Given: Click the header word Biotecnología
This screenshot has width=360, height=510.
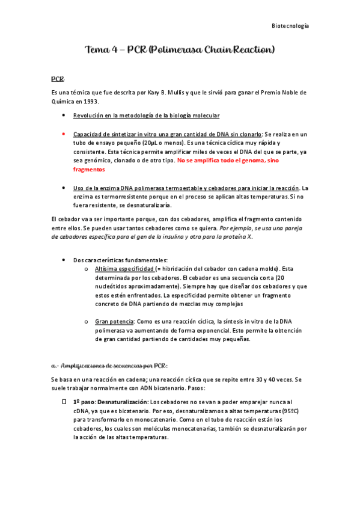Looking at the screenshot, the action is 290,26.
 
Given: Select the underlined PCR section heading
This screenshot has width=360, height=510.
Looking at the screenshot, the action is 58,79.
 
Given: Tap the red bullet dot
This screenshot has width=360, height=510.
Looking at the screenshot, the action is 63,134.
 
